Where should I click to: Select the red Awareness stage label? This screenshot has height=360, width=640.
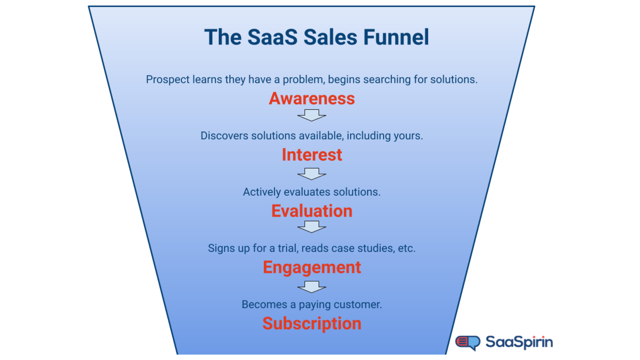pos(312,99)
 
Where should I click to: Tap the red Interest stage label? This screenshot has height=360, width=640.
pos(312,155)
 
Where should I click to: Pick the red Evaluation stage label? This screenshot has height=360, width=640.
pos(312,211)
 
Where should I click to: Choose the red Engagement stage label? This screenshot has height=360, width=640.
pos(312,267)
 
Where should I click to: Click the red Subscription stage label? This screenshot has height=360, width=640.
pos(312,323)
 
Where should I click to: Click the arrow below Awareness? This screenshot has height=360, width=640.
pos(312,115)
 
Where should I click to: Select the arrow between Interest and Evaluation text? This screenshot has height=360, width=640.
pos(312,174)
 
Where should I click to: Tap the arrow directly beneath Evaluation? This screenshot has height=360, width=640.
pos(312,227)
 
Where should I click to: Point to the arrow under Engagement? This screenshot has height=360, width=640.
pos(312,287)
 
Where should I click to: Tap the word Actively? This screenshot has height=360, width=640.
pos(262,192)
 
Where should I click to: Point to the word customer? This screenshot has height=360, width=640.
pos(357,305)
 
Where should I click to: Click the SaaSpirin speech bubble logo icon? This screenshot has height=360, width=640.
pos(468,342)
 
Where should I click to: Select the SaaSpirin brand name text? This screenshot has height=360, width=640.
pos(519,342)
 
